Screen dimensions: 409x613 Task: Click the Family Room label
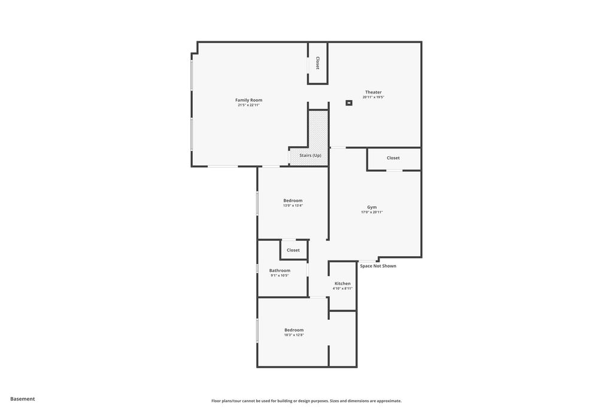click(x=248, y=100)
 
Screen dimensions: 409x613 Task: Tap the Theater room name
click(x=373, y=92)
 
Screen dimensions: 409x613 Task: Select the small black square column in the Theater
click(x=349, y=103)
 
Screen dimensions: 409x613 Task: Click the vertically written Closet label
click(x=317, y=63)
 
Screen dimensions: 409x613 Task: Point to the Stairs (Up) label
click(x=310, y=156)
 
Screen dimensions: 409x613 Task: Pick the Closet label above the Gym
click(x=393, y=158)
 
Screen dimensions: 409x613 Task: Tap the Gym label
click(x=372, y=207)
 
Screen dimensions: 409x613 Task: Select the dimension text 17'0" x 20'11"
click(x=372, y=212)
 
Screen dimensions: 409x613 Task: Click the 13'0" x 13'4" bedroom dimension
click(x=293, y=205)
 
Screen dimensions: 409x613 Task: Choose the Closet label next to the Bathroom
click(x=293, y=250)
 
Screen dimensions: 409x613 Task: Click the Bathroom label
click(x=280, y=271)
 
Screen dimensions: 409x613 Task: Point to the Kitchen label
click(x=342, y=283)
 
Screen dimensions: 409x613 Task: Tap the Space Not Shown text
click(x=378, y=266)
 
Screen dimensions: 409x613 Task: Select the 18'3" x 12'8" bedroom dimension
click(x=294, y=335)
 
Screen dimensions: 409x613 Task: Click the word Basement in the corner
click(x=23, y=399)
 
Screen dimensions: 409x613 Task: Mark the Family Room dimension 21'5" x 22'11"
click(x=248, y=105)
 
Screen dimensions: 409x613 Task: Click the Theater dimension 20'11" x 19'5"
click(x=373, y=97)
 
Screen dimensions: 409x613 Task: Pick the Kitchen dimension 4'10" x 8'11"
click(x=342, y=289)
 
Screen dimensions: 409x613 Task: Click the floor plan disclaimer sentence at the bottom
click(x=306, y=401)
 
